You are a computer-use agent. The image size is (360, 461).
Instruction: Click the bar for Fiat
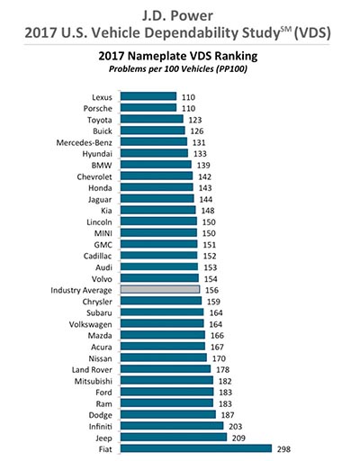pos(196,448)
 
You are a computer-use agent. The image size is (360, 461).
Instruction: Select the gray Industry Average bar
pos(160,289)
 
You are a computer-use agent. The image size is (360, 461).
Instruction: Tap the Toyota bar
pos(152,119)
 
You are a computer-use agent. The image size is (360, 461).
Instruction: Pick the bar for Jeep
pos(174,438)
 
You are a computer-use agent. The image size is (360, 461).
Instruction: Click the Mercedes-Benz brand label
pos(84,142)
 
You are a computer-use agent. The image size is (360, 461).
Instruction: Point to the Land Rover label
pos(92,370)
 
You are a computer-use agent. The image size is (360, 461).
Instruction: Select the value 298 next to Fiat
pos(283,449)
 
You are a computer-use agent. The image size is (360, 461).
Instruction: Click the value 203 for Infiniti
pos(235,427)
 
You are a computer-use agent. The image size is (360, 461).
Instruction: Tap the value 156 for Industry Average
pos(211,290)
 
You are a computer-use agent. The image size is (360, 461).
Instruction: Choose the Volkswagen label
pos(90,325)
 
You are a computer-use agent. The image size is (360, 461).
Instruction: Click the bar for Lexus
pos(148,96)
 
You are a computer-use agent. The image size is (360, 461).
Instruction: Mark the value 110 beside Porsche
pos(188,108)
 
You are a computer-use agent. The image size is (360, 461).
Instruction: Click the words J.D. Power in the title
pos(177,16)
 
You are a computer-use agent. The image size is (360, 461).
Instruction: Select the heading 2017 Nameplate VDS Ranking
pos(178,56)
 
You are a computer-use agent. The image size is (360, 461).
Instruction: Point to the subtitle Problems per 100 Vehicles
pos(178,69)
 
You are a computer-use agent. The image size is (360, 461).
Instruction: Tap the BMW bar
pos(156,164)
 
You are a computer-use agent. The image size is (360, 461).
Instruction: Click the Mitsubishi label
pos(94,381)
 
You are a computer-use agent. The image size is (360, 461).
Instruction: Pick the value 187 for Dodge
pos(228,415)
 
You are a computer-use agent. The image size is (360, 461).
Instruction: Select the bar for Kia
pos(158,210)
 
